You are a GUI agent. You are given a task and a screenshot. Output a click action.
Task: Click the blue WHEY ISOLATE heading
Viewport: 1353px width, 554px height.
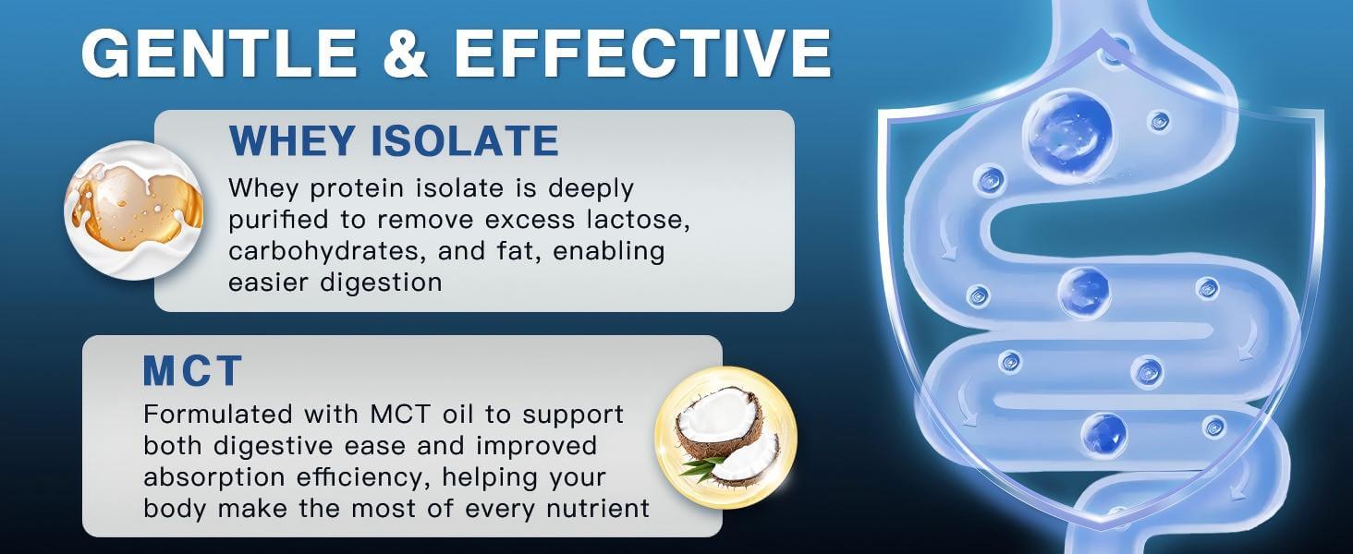[394, 141]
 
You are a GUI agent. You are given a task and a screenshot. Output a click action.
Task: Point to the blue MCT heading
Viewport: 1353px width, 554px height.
[192, 371]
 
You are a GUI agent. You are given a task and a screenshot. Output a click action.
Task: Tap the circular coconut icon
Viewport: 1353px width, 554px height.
[725, 437]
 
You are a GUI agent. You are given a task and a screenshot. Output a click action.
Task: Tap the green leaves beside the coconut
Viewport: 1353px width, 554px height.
[700, 467]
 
